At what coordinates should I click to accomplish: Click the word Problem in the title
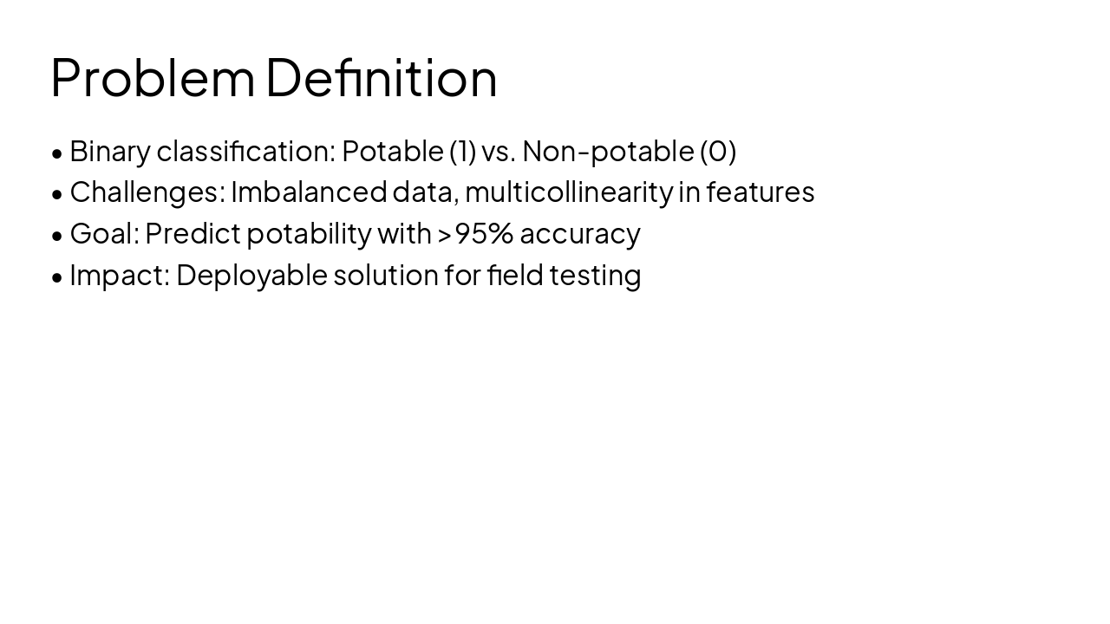coord(153,78)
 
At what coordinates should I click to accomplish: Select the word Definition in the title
coord(381,78)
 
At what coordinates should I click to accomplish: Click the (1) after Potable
coord(462,152)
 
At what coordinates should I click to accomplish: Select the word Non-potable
coord(607,152)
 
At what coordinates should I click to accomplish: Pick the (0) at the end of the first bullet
coord(718,152)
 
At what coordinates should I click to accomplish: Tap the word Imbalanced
coord(308,192)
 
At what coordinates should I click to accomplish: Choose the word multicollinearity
coord(568,192)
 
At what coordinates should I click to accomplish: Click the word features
coord(760,192)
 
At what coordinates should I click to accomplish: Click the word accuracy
coord(579,234)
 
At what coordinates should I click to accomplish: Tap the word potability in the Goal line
coord(309,234)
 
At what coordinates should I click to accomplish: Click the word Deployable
coord(251,276)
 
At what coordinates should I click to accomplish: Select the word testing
coord(595,276)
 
